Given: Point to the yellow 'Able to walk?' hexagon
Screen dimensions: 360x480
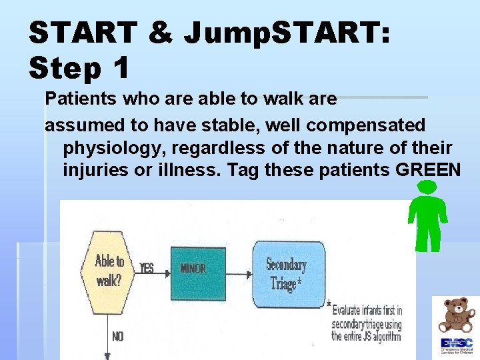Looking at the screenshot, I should tap(109, 270).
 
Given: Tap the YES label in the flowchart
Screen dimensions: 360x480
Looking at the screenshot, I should tap(147, 268).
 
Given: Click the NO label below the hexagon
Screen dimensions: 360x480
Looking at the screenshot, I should tap(117, 337).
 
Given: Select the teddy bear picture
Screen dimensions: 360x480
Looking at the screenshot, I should tap(456, 315).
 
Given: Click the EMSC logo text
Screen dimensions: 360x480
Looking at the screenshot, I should tap(457, 343).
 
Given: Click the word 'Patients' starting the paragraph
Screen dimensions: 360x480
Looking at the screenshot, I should tap(73, 99).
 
